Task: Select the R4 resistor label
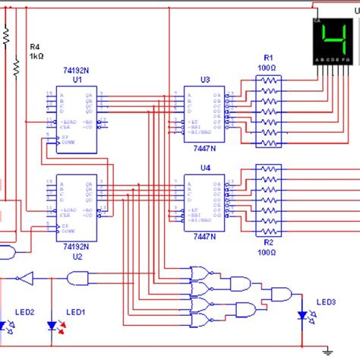(x=36, y=46)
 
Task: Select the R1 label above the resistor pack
(x=268, y=57)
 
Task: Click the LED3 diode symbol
(x=303, y=315)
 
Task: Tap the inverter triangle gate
(x=27, y=277)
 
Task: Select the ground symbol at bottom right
(x=327, y=350)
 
